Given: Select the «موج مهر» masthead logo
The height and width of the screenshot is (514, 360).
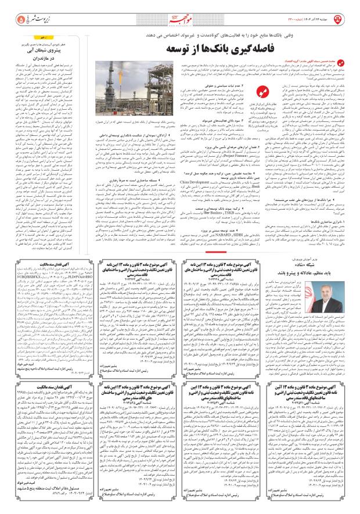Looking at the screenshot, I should (x=181, y=19).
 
